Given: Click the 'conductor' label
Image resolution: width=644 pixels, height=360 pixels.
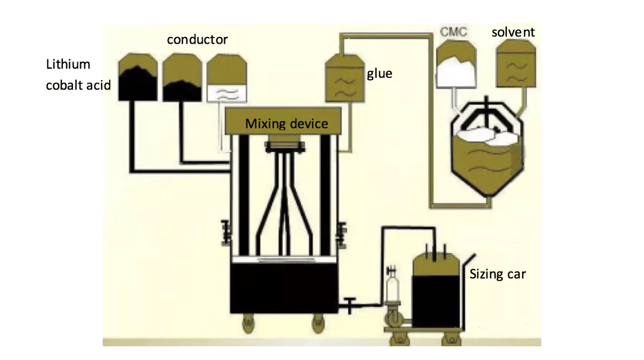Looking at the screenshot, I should [197, 40].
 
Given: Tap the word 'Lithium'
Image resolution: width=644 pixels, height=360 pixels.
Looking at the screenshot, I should [68, 64].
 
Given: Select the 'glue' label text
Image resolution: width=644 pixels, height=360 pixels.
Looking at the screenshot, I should [379, 74].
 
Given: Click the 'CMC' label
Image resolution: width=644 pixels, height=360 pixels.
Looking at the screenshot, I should [453, 32].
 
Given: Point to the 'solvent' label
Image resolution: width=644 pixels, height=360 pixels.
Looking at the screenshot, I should [513, 32].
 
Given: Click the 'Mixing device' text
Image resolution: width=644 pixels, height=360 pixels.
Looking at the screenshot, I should [286, 124].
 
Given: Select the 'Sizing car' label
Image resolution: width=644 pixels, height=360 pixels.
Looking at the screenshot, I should [497, 274].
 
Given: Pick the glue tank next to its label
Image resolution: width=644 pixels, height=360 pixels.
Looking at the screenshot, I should [344, 78].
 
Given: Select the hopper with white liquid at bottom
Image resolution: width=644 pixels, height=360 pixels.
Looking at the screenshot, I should [227, 78].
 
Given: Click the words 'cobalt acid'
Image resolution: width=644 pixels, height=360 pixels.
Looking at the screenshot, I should [78, 86].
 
